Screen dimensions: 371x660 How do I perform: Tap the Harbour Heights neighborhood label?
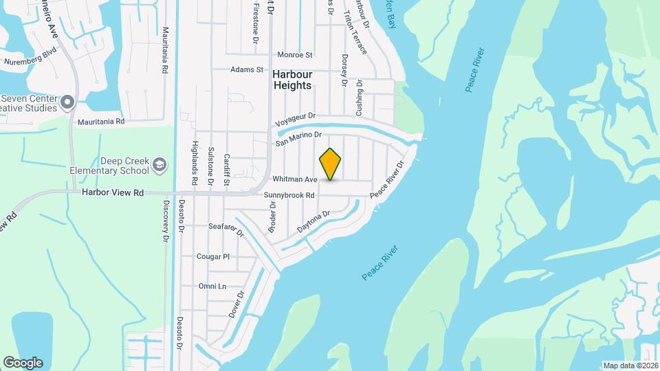tap(292, 80)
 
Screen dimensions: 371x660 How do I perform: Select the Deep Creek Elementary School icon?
tap(159, 164)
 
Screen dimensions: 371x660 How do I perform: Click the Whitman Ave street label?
tap(295, 179)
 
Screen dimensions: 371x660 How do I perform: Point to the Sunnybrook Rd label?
tap(289, 196)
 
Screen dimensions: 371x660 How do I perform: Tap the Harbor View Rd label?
tap(112, 193)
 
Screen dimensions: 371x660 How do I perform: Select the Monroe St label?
tap(295, 55)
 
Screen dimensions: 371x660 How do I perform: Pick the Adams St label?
tap(247, 69)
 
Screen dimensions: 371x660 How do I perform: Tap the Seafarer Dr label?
tap(226, 228)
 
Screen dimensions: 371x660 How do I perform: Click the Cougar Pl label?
tap(212, 256)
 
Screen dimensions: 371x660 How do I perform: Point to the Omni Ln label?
tap(212, 286)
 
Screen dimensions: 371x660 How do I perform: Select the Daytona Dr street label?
tap(313, 222)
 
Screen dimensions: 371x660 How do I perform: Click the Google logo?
tap(23, 363)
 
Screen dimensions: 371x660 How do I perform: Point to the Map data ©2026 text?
tap(630, 366)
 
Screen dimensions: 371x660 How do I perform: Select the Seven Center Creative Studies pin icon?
tap(67, 103)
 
